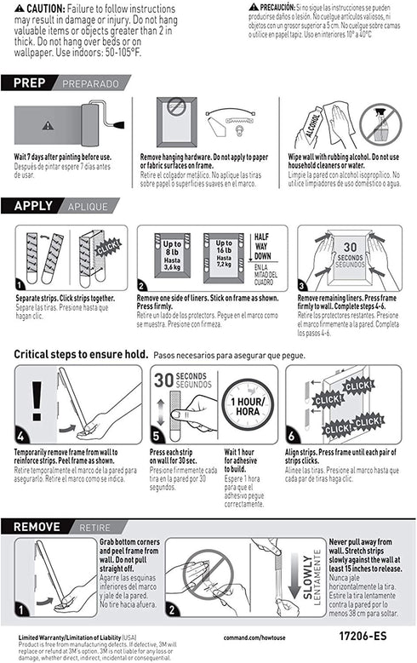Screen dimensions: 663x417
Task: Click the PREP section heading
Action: pos(36,83)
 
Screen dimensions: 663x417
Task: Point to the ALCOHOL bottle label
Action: pos(309,130)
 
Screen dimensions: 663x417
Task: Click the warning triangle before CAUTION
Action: pos(19,8)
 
